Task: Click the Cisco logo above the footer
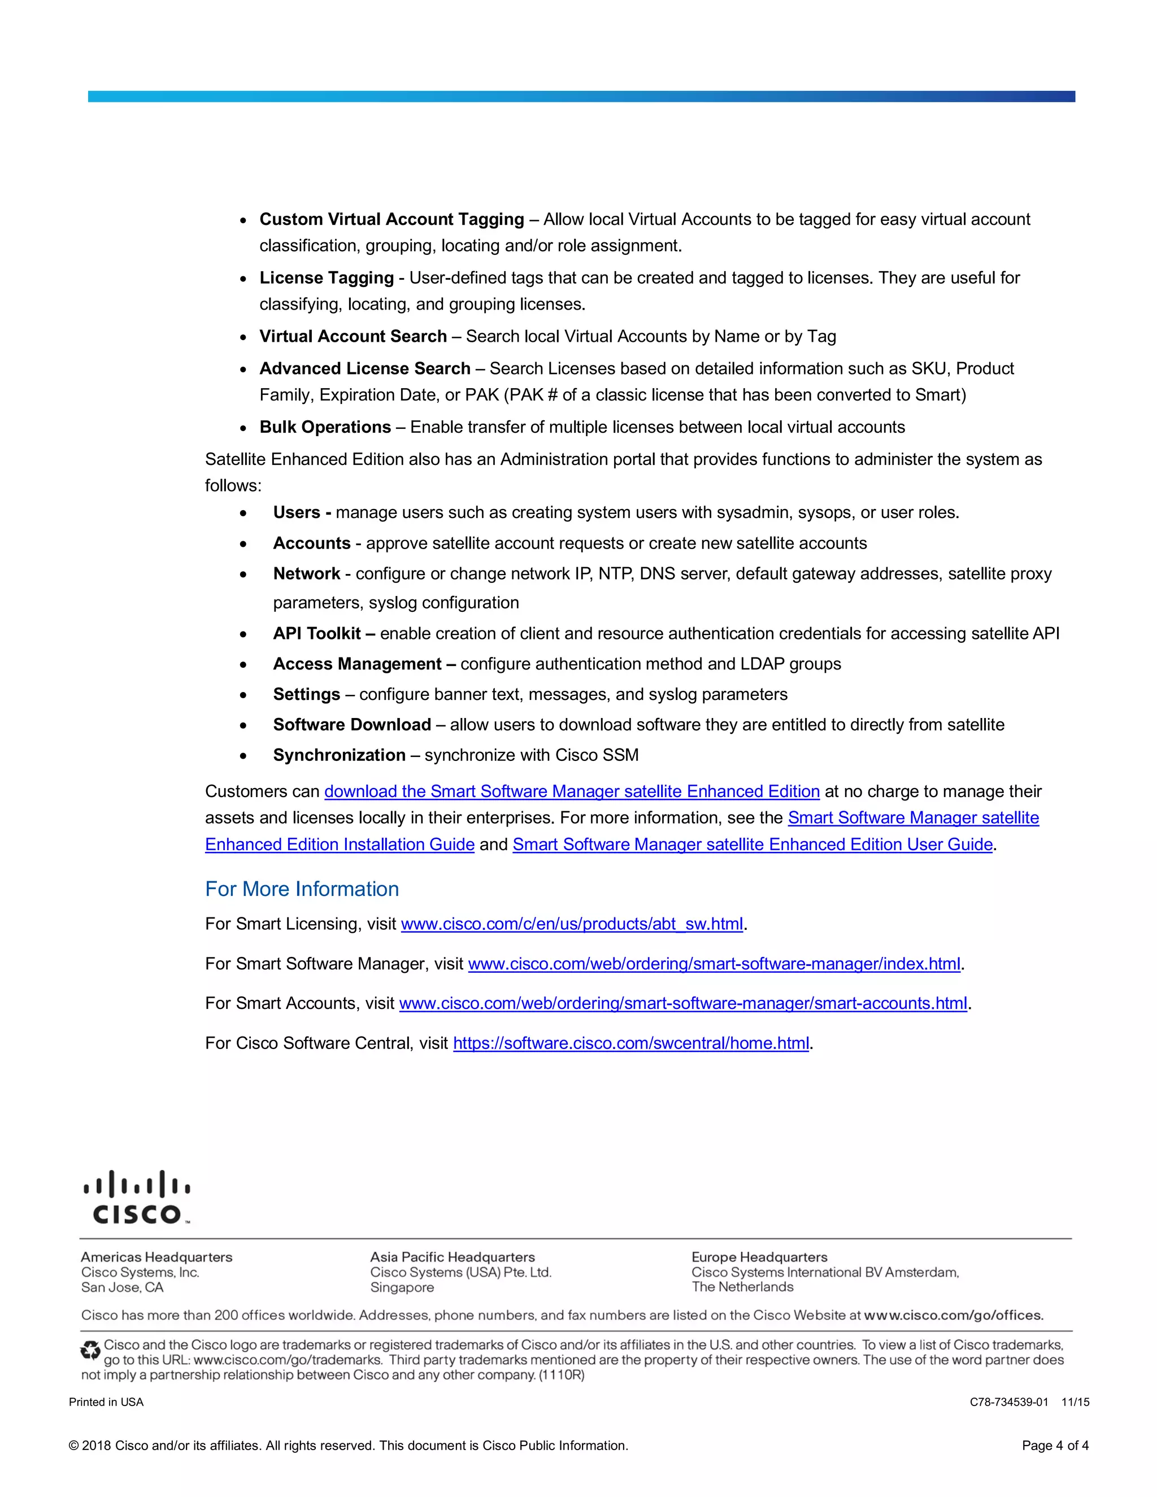(136, 1198)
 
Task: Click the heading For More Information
(302, 889)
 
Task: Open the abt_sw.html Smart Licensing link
(572, 924)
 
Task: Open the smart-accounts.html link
(682, 1003)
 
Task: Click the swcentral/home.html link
(630, 1043)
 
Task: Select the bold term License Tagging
(327, 277)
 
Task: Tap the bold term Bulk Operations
(325, 427)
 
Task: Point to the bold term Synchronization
(340, 755)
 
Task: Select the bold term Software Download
(351, 725)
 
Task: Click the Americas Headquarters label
(156, 1257)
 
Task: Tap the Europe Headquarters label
(759, 1257)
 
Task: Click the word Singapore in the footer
(402, 1287)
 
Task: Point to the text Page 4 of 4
(1054, 1446)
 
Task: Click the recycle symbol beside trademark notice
(90, 1350)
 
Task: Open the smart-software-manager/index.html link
(714, 964)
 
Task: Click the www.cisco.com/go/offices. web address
(954, 1315)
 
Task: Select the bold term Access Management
(357, 664)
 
